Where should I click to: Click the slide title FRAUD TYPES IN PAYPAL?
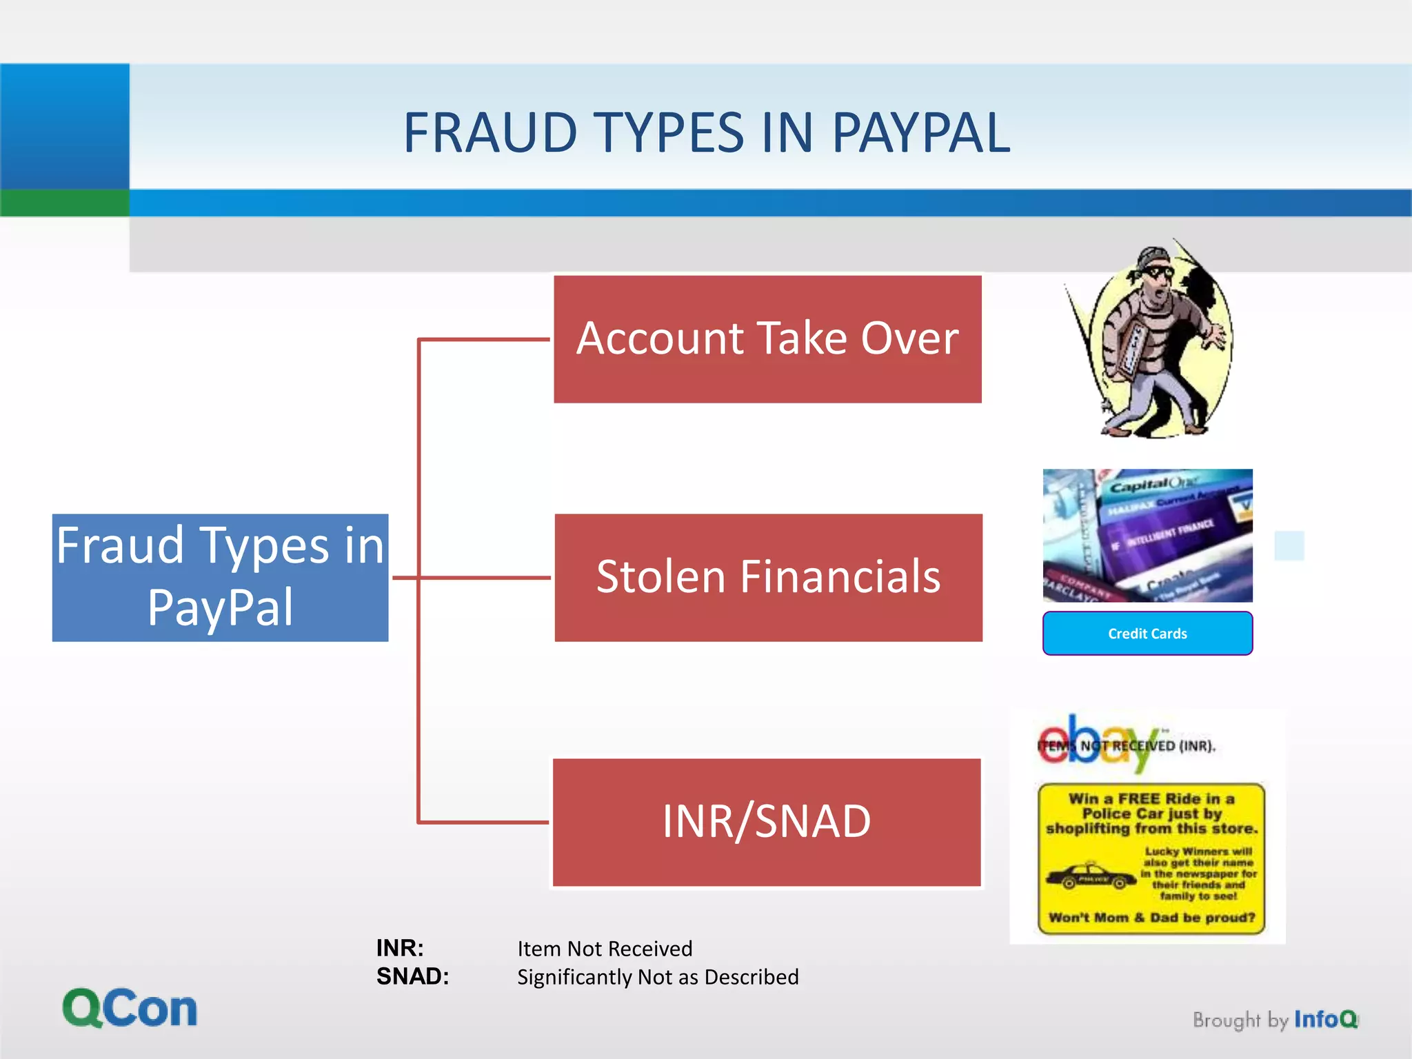point(707,132)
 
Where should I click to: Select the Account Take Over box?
point(767,339)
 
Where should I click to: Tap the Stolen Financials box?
point(768,578)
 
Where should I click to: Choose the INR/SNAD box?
point(767,822)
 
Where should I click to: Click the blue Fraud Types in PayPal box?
point(220,578)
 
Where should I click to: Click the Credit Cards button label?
point(1147,634)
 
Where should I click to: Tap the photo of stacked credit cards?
point(1147,536)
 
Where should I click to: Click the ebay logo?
point(1096,743)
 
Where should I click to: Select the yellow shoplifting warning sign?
point(1151,858)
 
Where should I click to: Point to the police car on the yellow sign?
point(1090,878)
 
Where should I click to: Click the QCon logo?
point(130,1008)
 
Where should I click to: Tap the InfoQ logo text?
point(1325,1019)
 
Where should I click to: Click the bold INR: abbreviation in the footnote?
point(400,948)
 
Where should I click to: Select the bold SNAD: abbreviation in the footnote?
point(412,976)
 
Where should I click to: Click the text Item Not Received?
point(605,949)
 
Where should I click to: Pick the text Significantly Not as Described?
point(658,977)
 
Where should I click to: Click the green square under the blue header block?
point(65,203)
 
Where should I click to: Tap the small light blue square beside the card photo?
point(1289,545)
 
